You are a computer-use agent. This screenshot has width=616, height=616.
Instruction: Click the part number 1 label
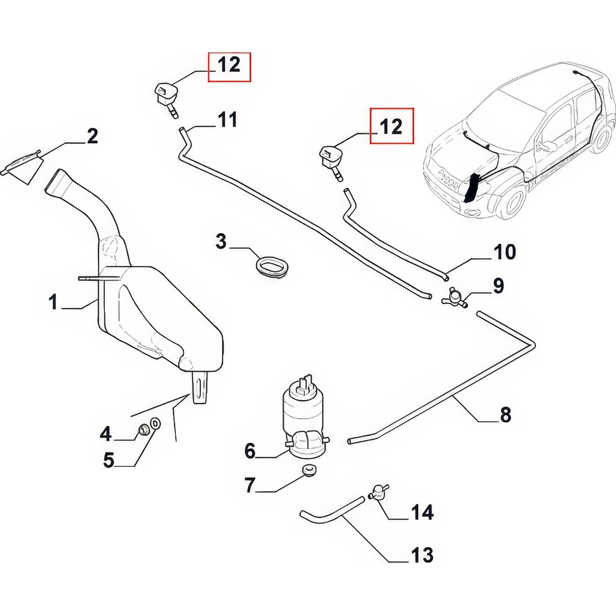coord(54,303)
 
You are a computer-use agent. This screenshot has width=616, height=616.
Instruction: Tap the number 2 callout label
coord(92,137)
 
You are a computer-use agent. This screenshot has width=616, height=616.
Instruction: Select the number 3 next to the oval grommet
coord(221,241)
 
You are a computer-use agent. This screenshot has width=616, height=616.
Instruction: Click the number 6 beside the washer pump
coord(250,451)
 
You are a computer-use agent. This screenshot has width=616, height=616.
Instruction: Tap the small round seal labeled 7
coord(309,470)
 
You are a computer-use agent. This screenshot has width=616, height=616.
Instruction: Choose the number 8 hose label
coord(505,415)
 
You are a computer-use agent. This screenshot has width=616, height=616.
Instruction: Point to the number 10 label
coord(505,252)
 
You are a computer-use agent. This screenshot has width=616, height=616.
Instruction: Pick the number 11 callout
coord(227,120)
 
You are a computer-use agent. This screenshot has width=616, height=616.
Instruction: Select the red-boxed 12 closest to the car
coord(391,126)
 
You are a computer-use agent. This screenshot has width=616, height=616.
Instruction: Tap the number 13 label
coord(422,555)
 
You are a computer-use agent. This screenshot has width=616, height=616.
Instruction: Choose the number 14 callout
coord(422,513)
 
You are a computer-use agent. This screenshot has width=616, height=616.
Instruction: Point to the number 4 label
coord(106,434)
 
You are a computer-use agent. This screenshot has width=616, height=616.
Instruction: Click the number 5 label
coord(109,460)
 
